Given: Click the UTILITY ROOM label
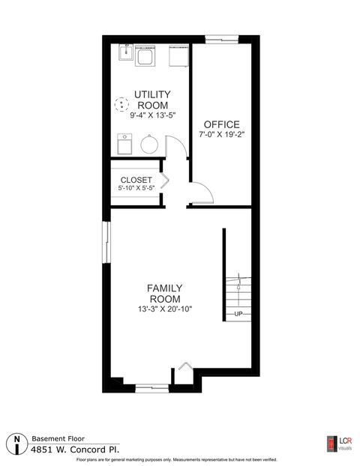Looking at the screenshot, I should point(151,100).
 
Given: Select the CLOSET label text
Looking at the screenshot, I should point(136,181).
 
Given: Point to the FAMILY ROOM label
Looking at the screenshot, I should point(165,293).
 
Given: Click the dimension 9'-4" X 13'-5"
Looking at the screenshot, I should point(151,115).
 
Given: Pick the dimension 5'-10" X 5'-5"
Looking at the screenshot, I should point(136,190).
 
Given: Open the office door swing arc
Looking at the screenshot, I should point(203,193).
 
